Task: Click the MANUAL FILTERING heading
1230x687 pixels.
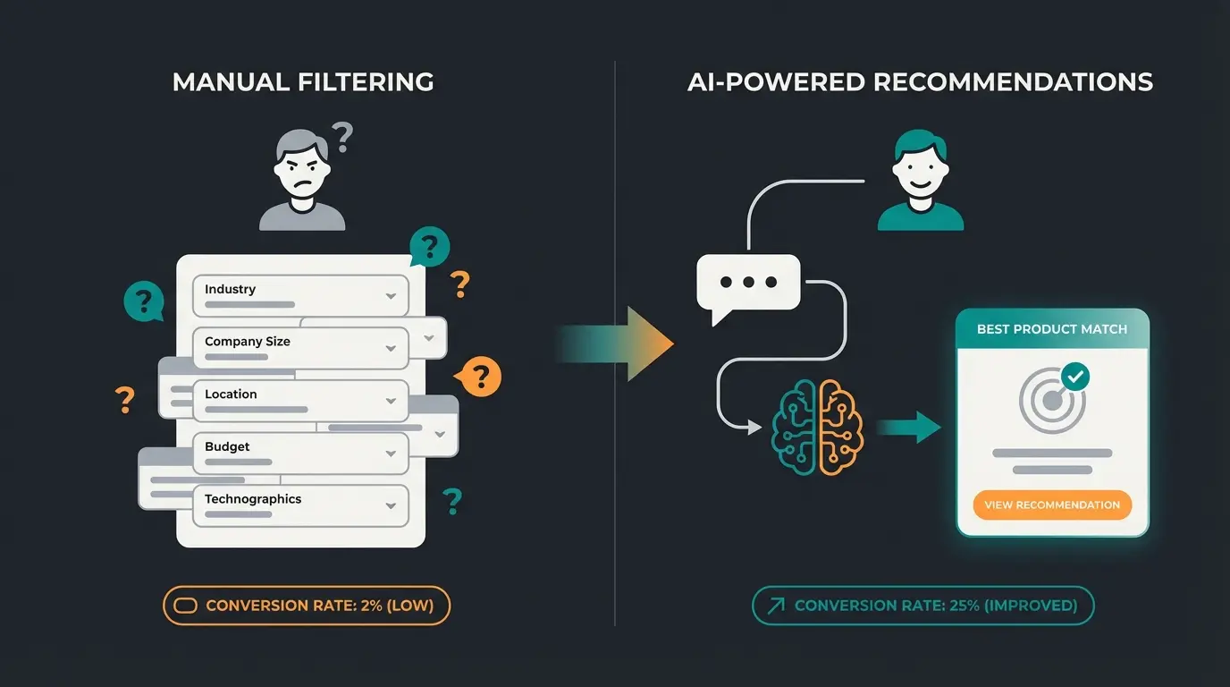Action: [303, 82]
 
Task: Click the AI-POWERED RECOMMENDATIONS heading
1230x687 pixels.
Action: [920, 82]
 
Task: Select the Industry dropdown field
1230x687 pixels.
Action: [300, 294]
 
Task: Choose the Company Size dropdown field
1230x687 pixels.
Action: [300, 347]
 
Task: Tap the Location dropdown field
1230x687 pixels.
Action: [300, 399]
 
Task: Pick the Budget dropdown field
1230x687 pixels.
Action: [300, 452]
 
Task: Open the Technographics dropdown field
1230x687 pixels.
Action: [300, 505]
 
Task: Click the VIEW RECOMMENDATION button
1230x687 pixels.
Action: [1052, 505]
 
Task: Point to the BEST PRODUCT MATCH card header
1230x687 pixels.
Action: [1052, 329]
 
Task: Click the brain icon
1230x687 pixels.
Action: [817, 428]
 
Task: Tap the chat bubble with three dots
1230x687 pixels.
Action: [748, 283]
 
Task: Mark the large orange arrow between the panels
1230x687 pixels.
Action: [626, 344]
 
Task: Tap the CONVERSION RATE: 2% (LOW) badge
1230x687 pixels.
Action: [307, 606]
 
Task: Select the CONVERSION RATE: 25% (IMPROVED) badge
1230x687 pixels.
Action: [923, 606]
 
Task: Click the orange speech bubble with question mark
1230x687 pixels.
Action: [480, 376]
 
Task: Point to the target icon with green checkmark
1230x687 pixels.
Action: [1054, 398]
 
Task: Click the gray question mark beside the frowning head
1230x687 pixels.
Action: [341, 138]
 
